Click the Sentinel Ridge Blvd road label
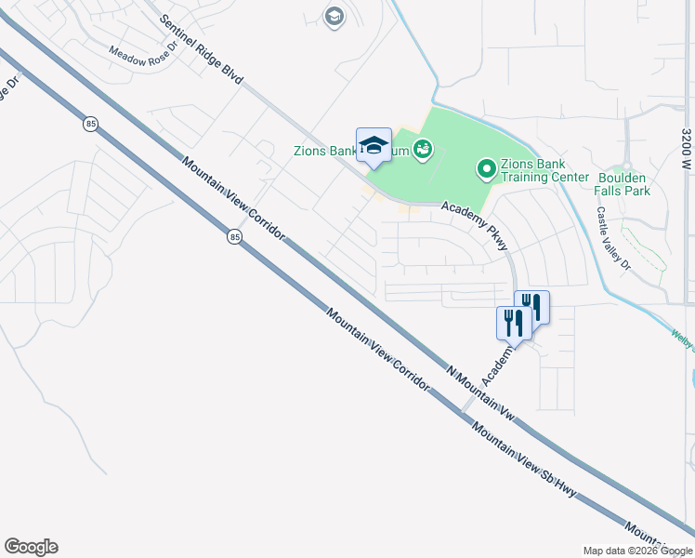coord(201,51)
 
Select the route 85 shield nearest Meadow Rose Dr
coord(90,124)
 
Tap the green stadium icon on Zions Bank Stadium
coord(424,149)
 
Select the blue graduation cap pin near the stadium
coord(374,145)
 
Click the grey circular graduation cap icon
coord(334,16)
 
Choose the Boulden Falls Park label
coord(623,184)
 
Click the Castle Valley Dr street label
coord(612,239)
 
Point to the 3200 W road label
coord(686,148)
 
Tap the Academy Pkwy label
coord(475,226)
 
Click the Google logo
coord(32,547)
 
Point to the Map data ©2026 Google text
coord(637,551)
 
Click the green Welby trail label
coord(683,337)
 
